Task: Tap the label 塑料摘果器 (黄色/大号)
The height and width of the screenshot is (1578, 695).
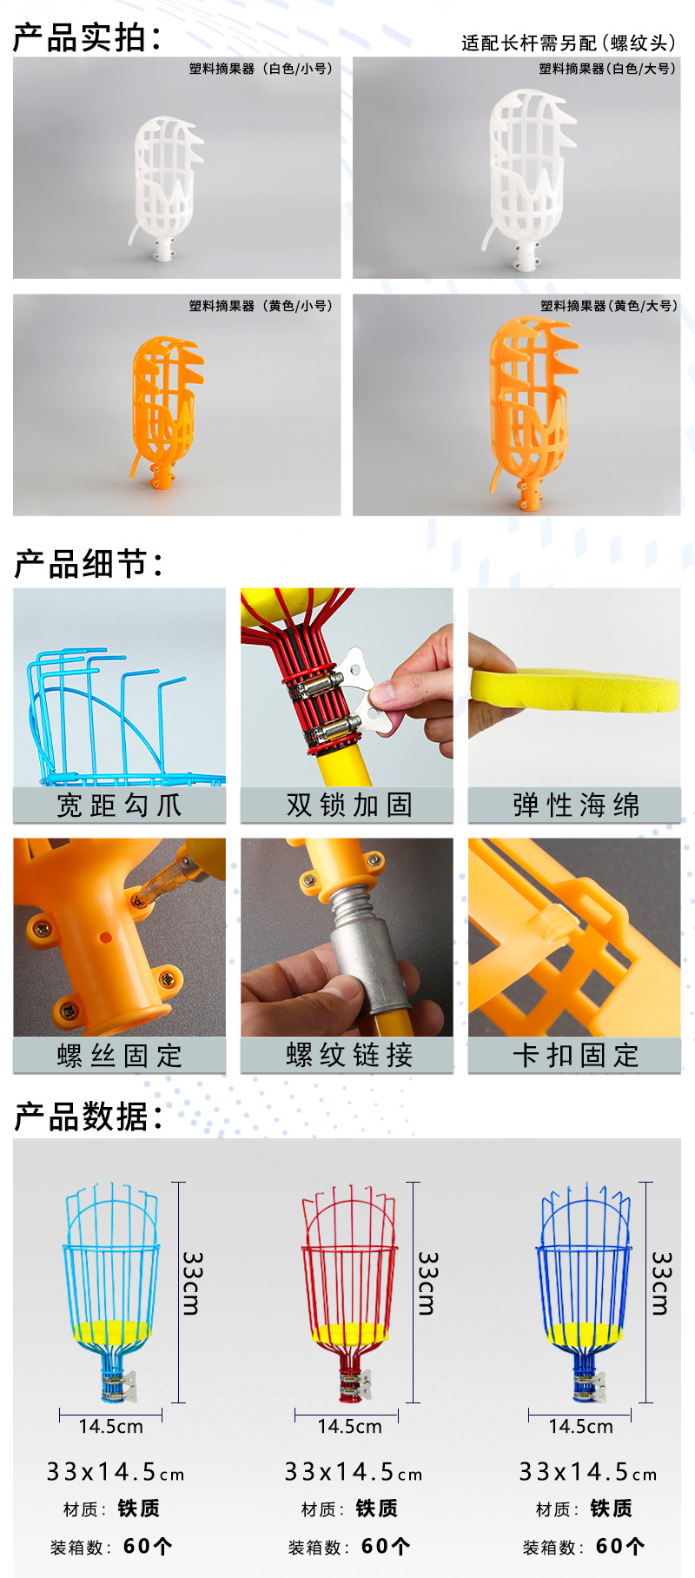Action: [x=608, y=305]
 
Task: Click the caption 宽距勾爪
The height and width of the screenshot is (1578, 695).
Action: [x=120, y=806]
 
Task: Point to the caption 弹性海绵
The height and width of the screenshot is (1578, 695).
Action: [x=575, y=806]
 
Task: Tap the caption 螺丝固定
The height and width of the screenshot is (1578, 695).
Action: [x=120, y=1056]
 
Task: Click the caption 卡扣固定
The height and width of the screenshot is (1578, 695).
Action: [x=575, y=1056]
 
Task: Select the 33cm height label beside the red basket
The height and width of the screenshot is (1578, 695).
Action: [x=428, y=1283]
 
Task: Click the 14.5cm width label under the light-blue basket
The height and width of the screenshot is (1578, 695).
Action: [x=111, y=1426]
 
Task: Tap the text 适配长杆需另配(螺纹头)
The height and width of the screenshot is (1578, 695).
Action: [x=568, y=43]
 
